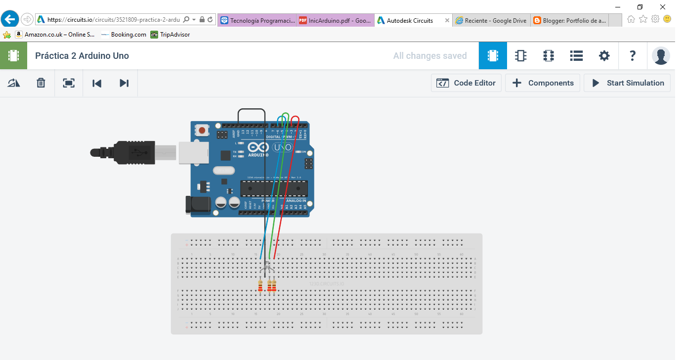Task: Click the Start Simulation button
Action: pos(627,83)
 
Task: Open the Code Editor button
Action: pos(466,83)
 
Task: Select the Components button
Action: pos(542,83)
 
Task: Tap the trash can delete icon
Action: pos(41,83)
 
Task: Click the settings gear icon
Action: pos(604,56)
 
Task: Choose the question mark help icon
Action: pos(632,56)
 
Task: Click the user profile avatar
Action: pos(661,56)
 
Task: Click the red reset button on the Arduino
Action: pos(202,131)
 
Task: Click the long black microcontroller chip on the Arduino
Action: pos(274,188)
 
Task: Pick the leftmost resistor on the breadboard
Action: pos(260,286)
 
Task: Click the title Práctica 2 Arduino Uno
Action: pos(82,56)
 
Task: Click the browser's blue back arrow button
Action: pos(10,19)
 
